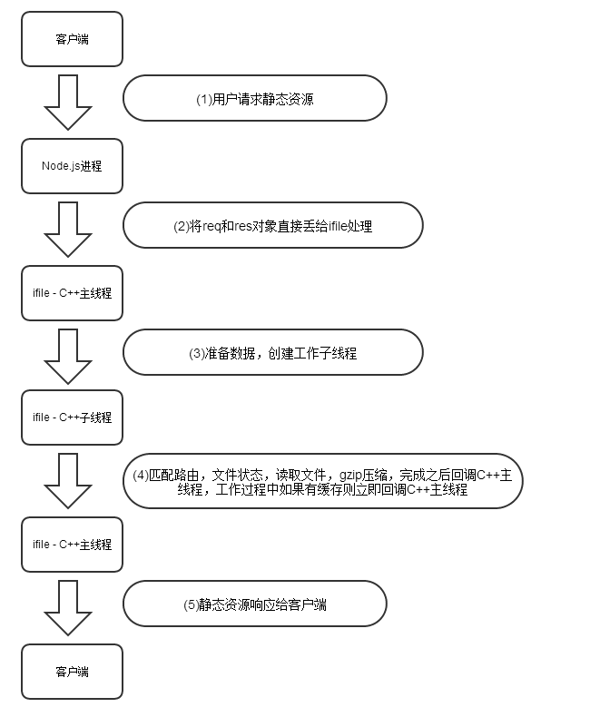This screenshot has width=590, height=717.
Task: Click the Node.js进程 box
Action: [73, 166]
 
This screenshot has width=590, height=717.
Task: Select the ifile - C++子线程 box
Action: [73, 417]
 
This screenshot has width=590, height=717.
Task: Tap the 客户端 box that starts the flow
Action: [73, 39]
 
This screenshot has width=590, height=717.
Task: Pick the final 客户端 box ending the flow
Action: [73, 672]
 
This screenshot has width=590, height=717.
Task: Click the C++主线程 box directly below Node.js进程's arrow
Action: [73, 293]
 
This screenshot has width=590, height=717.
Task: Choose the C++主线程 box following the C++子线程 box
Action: [73, 545]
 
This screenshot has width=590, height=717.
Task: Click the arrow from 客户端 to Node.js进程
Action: [68, 103]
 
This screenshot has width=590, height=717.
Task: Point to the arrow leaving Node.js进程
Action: [68, 230]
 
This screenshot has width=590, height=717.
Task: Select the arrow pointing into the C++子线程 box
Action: [68, 357]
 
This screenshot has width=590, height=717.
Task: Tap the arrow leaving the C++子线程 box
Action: [68, 481]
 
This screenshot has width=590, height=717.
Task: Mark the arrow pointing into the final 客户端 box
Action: [68, 608]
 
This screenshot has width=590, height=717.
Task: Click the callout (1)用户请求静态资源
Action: [255, 98]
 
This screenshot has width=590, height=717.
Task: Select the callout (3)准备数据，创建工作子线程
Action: [273, 352]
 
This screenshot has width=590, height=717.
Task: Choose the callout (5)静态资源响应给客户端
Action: [255, 604]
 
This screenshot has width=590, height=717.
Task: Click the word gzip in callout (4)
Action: [350, 476]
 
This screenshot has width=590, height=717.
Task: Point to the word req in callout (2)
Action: [211, 227]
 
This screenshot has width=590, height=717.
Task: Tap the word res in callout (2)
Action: [243, 227]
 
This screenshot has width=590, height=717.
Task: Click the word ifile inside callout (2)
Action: [338, 226]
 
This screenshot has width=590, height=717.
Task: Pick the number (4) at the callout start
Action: [141, 476]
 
